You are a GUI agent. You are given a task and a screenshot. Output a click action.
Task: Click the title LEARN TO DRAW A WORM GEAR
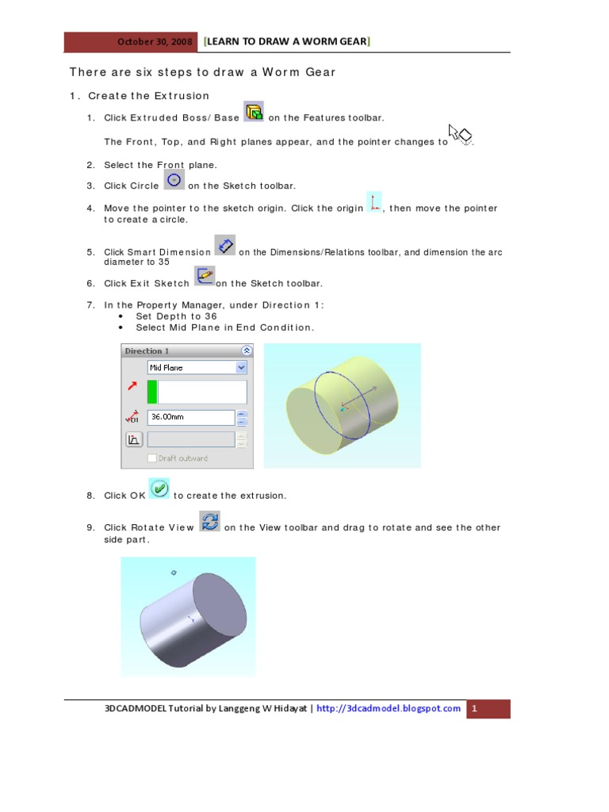[287, 41]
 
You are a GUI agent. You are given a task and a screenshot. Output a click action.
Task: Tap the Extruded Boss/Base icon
[254, 112]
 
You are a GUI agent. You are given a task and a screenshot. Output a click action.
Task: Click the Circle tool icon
[174, 180]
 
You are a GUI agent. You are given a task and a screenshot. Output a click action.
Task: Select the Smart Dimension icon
[225, 245]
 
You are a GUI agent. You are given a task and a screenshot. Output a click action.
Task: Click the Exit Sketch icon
[204, 277]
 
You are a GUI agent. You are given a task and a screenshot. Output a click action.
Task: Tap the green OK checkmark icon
[160, 488]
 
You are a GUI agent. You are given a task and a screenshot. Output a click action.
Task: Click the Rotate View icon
[210, 521]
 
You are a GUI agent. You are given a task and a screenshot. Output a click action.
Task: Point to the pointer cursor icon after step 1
[461, 135]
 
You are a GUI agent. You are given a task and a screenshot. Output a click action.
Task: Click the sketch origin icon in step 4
[373, 202]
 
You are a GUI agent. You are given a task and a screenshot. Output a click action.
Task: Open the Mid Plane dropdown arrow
[241, 368]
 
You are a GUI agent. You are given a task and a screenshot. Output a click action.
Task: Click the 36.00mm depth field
[190, 416]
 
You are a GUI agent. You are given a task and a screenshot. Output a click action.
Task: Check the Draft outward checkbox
[151, 458]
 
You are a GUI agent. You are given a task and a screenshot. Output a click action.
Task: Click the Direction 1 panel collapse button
[246, 350]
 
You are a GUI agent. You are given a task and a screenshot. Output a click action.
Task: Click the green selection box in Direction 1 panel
[152, 392]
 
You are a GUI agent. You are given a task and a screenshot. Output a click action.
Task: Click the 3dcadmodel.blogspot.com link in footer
[389, 709]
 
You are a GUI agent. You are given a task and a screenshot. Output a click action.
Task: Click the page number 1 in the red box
[473, 709]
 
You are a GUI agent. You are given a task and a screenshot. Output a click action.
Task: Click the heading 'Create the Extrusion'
[148, 96]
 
